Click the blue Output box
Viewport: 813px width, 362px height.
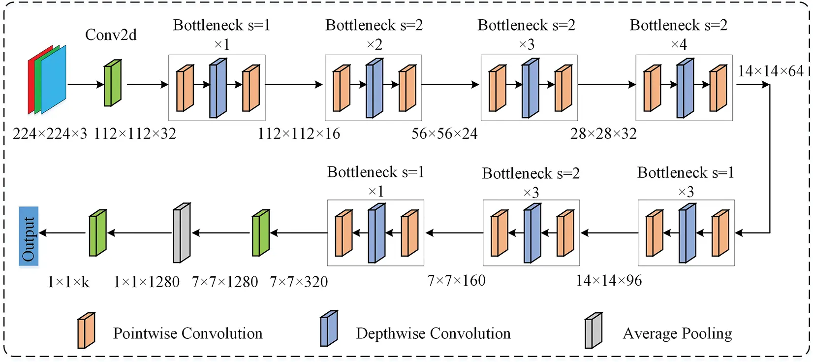[x=29, y=236]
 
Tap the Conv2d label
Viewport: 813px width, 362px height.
[x=111, y=35]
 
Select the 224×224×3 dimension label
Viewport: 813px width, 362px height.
[x=50, y=133]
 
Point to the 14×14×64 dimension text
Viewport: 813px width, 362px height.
[x=770, y=71]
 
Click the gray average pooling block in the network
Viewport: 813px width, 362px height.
[x=182, y=233]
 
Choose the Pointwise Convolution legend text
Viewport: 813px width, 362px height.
[x=188, y=333]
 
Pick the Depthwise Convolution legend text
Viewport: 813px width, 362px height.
[x=433, y=333]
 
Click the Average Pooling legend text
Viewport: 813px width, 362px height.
[x=677, y=333]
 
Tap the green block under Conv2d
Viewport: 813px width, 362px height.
[x=112, y=83]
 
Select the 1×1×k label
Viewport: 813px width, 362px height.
[x=68, y=282]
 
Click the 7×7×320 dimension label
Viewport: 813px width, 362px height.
[x=299, y=282]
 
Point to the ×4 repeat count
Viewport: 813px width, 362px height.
[x=679, y=45]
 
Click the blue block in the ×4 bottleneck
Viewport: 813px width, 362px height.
[x=685, y=88]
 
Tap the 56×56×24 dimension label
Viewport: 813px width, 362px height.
[x=444, y=133]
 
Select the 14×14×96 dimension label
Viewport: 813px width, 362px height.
[x=609, y=281]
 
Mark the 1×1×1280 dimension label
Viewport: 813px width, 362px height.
[x=146, y=282]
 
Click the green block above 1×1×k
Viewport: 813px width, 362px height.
[x=97, y=233]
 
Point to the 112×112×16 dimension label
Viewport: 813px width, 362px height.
[x=299, y=133]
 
